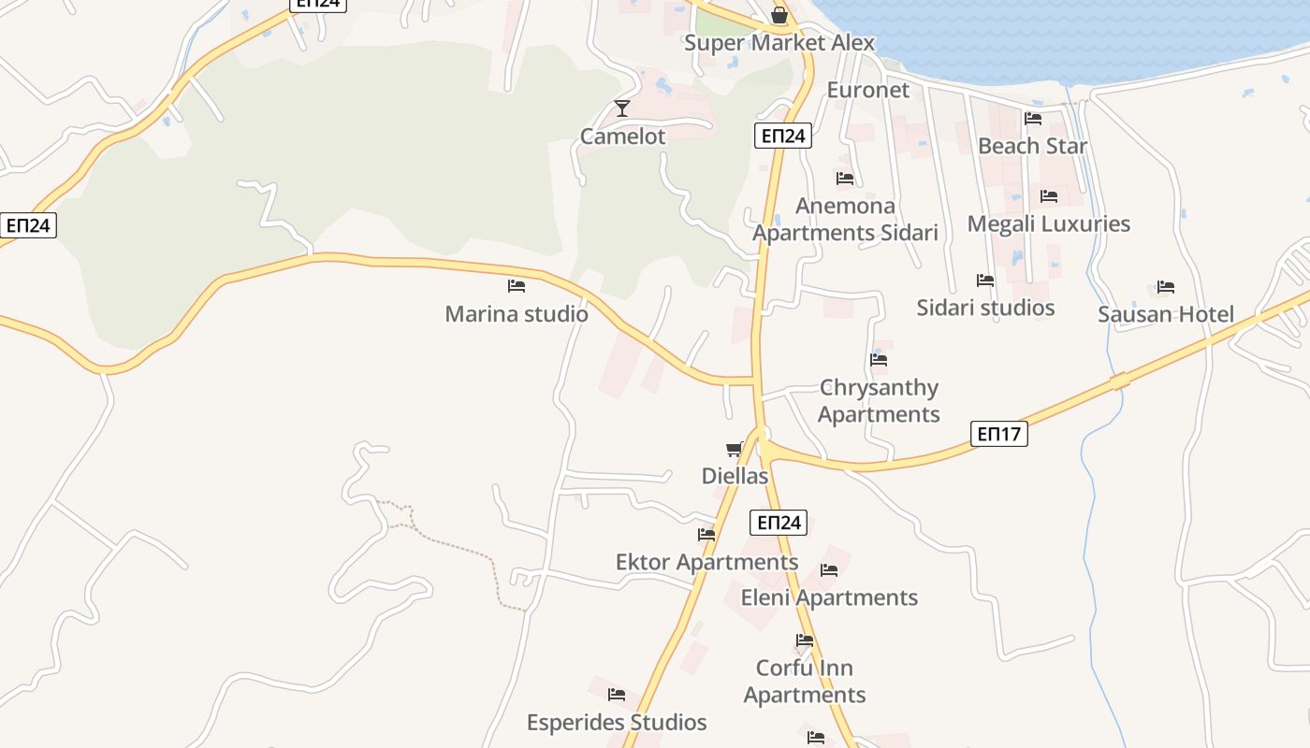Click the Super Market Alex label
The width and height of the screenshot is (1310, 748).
[779, 43]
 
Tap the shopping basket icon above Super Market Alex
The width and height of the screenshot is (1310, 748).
[779, 15]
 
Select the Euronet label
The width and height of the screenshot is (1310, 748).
[867, 90]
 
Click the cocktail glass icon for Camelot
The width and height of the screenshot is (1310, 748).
[622, 108]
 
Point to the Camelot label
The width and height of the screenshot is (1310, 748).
[622, 137]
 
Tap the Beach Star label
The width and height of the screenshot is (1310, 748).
[1032, 146]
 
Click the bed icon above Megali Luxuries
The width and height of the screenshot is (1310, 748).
[1049, 196]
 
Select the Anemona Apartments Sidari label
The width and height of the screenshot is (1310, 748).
[845, 219]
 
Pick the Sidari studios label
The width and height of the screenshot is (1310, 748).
[985, 308]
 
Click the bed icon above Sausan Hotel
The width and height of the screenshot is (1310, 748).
[1165, 287]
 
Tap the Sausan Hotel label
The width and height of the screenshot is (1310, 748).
[1165, 314]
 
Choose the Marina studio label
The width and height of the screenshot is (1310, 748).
[517, 314]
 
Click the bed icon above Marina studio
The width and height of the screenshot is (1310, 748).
[517, 286]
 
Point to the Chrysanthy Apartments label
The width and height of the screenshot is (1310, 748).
[879, 400]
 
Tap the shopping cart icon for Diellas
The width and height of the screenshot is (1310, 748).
[735, 450]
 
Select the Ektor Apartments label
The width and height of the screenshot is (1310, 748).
[706, 562]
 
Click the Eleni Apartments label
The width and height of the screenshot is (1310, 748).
[829, 597]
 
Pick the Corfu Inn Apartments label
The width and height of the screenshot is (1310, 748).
[805, 682]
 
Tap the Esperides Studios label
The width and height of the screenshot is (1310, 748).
[617, 722]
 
